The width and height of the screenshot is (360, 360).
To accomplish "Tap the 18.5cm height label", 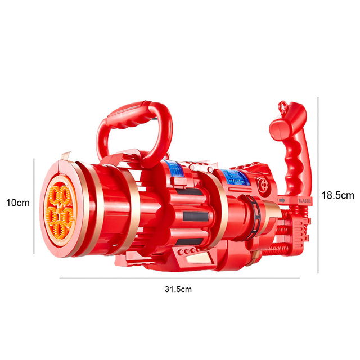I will pos(337,195).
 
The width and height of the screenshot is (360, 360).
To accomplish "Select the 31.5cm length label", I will pos(178,289).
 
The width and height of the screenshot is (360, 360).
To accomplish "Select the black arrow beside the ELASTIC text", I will pos(281,200).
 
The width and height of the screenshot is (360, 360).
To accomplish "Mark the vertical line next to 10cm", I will pos(34,205).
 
